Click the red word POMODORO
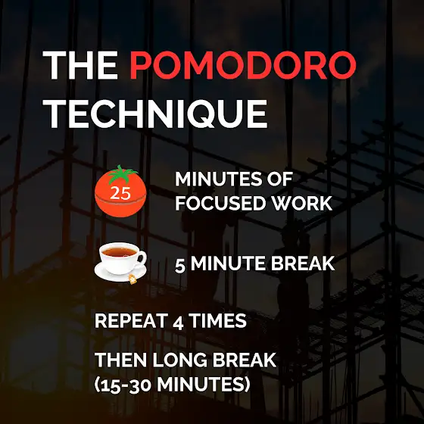click(x=242, y=65)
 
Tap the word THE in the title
click(x=80, y=65)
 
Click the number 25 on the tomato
click(x=120, y=192)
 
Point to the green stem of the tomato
click(x=121, y=174)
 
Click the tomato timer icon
click(x=120, y=192)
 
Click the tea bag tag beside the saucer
click(x=132, y=279)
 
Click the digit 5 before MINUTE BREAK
click(x=180, y=265)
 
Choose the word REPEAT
click(x=130, y=321)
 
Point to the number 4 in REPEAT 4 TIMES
click(x=178, y=323)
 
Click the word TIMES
click(x=218, y=321)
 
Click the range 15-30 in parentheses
click(x=126, y=385)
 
